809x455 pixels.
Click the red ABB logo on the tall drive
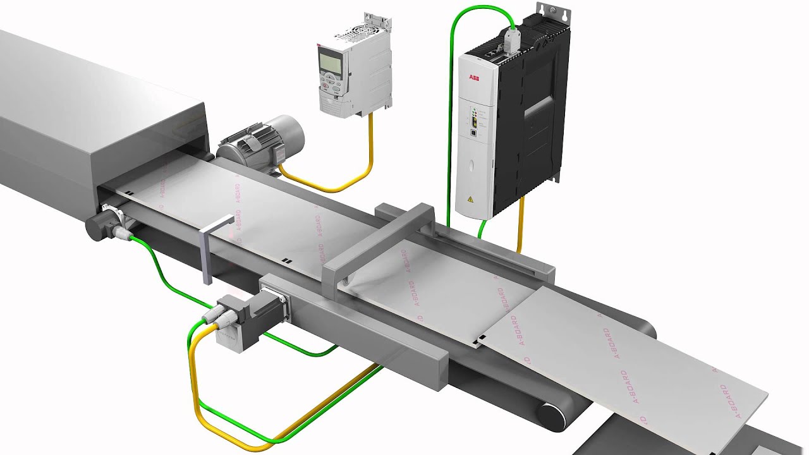473,78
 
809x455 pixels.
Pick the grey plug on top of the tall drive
511,39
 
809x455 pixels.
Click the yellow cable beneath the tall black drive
521,224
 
